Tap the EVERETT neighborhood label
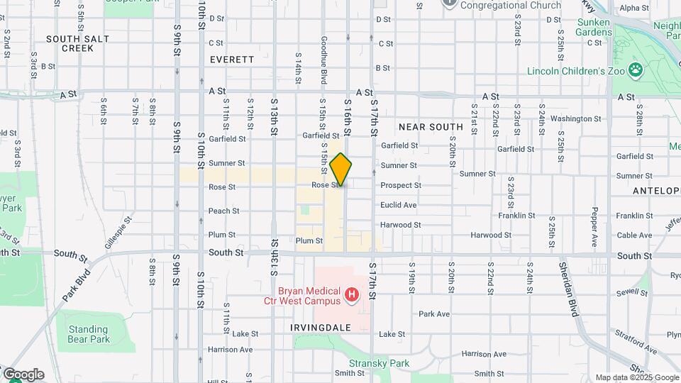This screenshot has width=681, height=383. pos(231,60)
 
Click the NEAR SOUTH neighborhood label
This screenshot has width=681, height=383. pos(431,127)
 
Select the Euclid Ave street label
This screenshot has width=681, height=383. pos(398,205)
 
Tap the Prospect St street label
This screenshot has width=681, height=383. pos(401,186)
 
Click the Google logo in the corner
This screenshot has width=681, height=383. pos(23,374)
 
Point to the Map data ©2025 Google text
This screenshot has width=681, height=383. pos(636,377)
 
